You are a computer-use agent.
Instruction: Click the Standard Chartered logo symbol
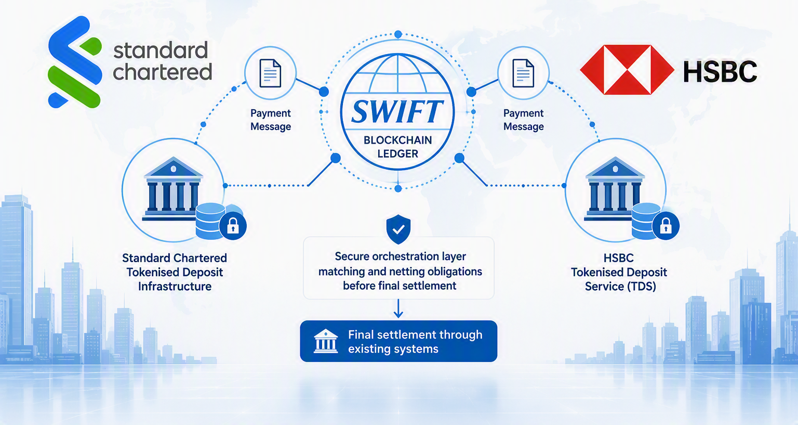(75, 62)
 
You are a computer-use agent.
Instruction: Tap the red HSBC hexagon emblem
(627, 70)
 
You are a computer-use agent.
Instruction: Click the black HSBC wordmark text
(720, 71)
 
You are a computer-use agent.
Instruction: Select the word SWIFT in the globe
(397, 111)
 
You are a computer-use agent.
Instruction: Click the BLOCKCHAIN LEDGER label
(397, 147)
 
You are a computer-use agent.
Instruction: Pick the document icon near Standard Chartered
(270, 73)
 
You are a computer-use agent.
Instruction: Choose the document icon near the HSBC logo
(523, 73)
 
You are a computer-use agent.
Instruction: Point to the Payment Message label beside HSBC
(523, 120)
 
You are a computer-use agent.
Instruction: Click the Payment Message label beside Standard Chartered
(270, 120)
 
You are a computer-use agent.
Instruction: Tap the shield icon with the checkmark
(398, 229)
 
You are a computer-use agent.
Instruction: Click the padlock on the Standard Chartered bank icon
(233, 226)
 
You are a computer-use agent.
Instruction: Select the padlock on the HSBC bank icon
(666, 226)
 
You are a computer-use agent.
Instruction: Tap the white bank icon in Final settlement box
(326, 341)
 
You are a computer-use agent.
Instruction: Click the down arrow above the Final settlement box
(398, 308)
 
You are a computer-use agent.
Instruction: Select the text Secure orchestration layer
(400, 256)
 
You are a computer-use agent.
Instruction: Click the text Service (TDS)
(620, 287)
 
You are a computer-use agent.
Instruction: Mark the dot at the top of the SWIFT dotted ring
(398, 34)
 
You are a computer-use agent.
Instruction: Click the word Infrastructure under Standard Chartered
(175, 287)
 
